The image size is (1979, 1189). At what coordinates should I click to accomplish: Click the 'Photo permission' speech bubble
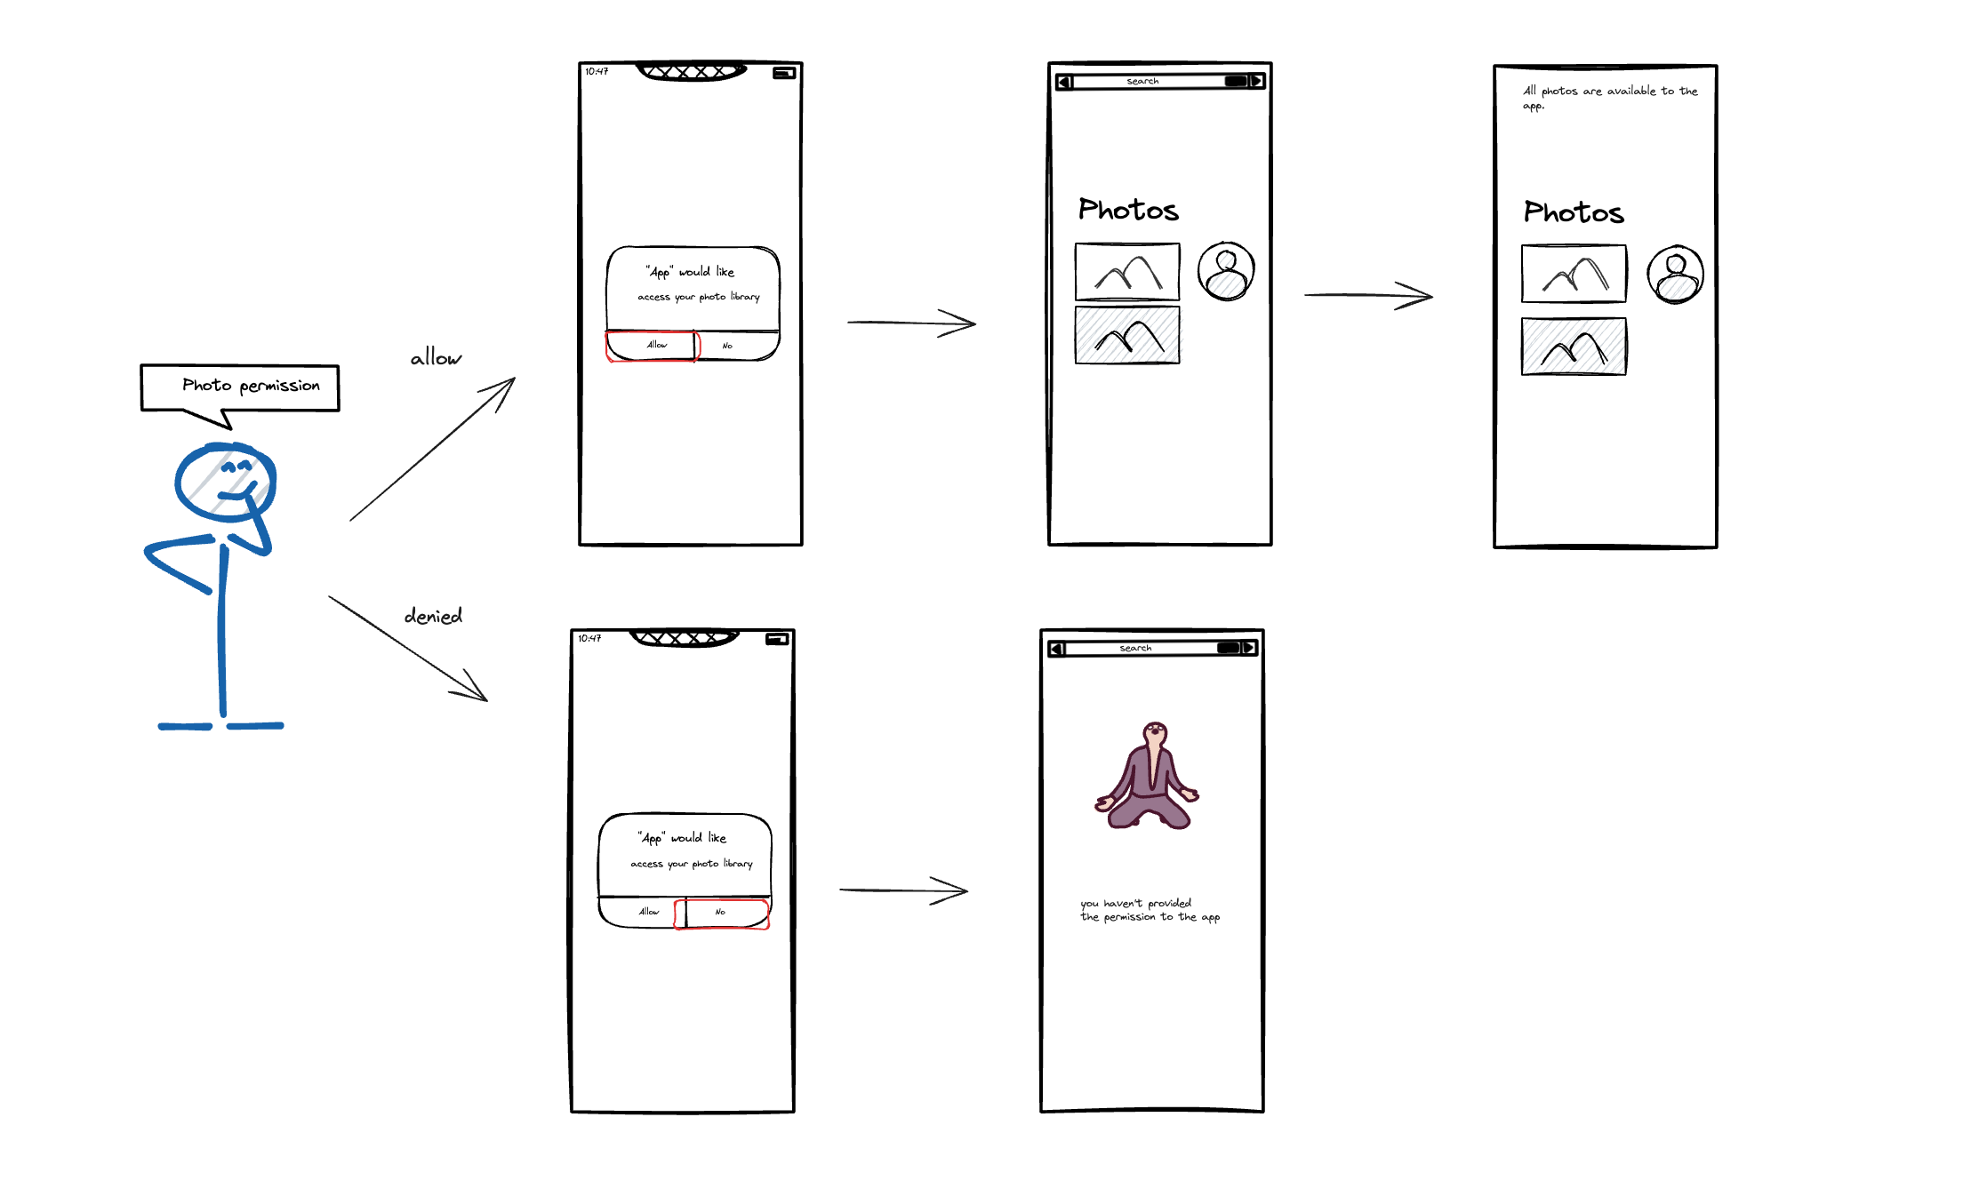[x=240, y=387]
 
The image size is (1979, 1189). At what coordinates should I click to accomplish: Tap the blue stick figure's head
[x=225, y=482]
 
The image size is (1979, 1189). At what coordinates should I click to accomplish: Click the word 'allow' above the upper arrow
[x=436, y=357]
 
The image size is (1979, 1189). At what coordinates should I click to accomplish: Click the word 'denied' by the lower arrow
[x=434, y=615]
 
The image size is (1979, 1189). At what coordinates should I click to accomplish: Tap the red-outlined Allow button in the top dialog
[x=653, y=345]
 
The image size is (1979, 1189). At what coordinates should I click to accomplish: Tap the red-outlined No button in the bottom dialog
[x=721, y=913]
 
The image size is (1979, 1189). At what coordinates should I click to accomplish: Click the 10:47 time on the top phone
[x=597, y=71]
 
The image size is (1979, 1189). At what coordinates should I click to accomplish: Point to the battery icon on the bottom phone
[x=777, y=639]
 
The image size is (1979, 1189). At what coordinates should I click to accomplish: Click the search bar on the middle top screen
[x=1159, y=82]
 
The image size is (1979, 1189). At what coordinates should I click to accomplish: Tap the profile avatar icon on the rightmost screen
[x=1675, y=274]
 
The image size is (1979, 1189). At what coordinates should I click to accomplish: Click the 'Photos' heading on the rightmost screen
[x=1574, y=211]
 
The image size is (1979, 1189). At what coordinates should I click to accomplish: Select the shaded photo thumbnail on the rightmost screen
[x=1574, y=347]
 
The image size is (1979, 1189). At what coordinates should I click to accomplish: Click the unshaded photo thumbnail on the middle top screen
[x=1127, y=272]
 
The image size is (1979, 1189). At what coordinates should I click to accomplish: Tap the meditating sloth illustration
[x=1148, y=776]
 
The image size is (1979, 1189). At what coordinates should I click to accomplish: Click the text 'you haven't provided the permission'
[x=1150, y=910]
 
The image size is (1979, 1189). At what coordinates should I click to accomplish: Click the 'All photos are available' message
[x=1610, y=97]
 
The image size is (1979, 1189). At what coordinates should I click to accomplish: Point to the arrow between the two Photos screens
[x=1368, y=295]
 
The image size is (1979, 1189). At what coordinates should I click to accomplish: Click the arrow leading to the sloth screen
[x=903, y=890]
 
